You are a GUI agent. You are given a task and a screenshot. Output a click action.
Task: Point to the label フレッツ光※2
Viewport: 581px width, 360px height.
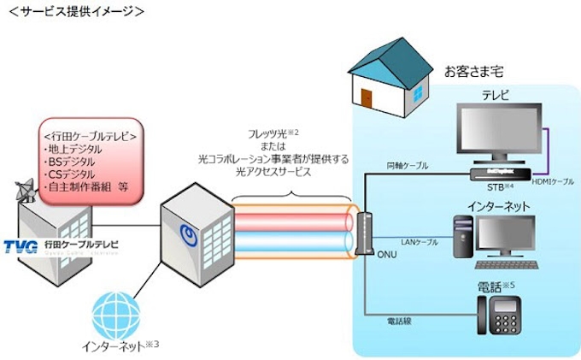click(x=273, y=134)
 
